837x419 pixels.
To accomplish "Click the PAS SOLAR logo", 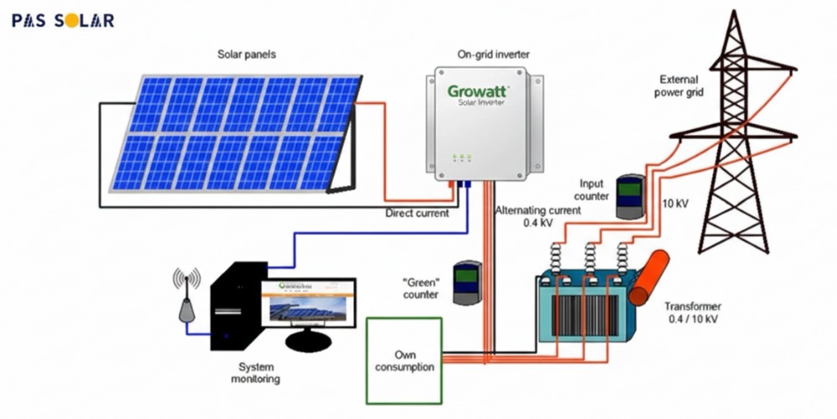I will tap(63, 20).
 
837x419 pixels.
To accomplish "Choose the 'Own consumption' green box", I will tap(405, 360).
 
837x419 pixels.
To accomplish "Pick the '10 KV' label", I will tap(676, 204).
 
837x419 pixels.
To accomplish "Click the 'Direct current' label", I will tap(417, 213).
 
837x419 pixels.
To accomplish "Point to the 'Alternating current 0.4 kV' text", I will tap(537, 217).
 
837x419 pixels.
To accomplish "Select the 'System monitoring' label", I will tap(256, 373).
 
